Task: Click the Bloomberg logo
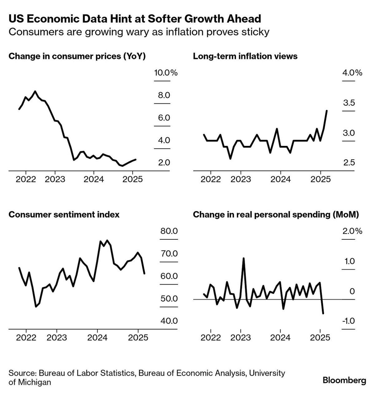click(344, 380)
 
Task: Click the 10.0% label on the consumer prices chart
click(166, 73)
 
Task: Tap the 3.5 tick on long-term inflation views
click(349, 103)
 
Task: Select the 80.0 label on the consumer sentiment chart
click(169, 231)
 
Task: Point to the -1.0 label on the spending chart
click(348, 321)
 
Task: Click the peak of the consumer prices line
click(35, 91)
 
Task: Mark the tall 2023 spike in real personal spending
click(243, 258)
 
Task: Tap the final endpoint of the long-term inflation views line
click(326, 111)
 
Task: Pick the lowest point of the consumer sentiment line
click(36, 307)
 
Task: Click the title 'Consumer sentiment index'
click(64, 214)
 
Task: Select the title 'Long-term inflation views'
click(245, 56)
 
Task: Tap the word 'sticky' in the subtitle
click(254, 32)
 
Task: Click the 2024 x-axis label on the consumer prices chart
click(94, 180)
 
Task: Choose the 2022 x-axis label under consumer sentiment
click(26, 338)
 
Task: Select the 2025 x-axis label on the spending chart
click(320, 338)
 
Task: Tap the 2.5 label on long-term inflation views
click(349, 163)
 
